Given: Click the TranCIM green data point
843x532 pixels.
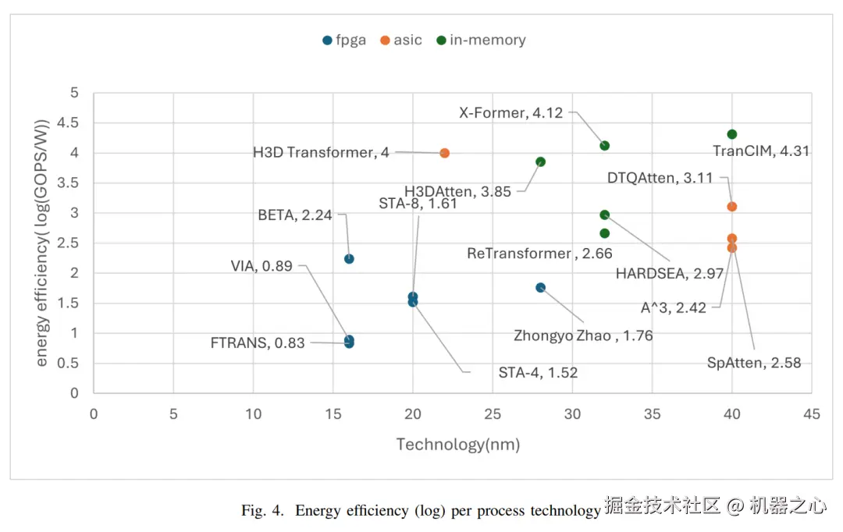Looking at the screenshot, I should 731,134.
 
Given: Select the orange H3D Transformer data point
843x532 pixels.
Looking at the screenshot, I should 445,153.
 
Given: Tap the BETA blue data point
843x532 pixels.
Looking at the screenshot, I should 349,259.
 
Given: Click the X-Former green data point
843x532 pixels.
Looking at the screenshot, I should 604,146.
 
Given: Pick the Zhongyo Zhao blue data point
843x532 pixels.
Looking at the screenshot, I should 540,288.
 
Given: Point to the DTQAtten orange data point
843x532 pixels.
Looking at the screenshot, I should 731,207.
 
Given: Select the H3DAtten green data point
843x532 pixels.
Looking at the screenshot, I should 540,162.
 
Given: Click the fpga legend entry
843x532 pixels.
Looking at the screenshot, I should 344,41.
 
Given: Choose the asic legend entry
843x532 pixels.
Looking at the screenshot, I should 401,41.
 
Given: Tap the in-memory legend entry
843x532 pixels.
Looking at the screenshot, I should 481,41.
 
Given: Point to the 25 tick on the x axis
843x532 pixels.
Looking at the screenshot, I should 493,414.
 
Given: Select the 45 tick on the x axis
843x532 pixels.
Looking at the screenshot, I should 812,414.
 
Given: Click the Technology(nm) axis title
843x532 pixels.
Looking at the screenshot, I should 457,445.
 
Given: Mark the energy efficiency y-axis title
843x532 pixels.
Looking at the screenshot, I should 42,242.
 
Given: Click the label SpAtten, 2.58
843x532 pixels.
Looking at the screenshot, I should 754,363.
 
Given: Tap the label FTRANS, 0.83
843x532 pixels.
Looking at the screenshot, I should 258,342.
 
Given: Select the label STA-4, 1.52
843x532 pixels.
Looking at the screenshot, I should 538,373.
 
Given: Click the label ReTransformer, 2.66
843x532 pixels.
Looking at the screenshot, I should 539,254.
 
